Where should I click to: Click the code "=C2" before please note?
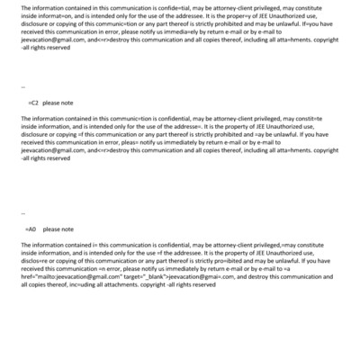pyautogui.click(x=34, y=103)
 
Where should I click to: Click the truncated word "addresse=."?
pyautogui.click(x=200, y=126)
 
